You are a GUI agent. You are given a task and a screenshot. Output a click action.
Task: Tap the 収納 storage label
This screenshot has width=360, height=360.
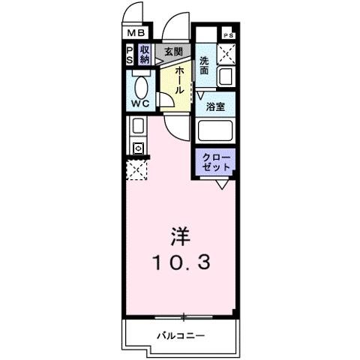point(145,54)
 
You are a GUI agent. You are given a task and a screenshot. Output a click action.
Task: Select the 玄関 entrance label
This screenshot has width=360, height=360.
point(173,51)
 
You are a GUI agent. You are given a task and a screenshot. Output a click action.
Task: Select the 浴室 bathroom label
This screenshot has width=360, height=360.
point(216,106)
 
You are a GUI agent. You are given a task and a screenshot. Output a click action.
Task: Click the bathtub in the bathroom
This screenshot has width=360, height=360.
point(216,131)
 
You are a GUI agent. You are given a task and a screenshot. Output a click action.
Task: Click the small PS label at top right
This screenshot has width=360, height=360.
point(228,34)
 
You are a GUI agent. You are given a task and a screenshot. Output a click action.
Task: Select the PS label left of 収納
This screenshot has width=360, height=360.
point(129,54)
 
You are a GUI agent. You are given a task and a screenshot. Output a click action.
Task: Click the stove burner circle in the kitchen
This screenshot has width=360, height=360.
point(137,148)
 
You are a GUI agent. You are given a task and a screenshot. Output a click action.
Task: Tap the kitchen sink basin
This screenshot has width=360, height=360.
point(137,126)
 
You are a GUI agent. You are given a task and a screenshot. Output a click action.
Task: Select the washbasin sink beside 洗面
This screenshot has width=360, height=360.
point(226,76)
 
